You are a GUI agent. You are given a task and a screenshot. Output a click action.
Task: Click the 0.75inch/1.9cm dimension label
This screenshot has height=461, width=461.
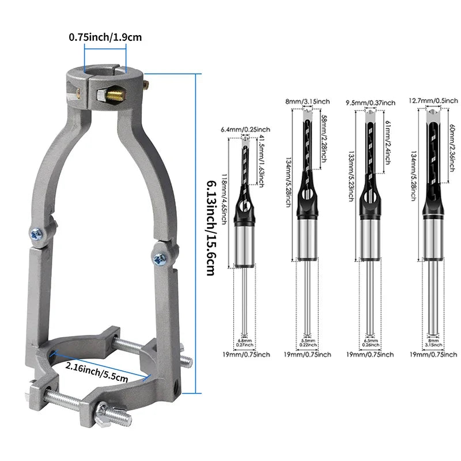[x=105, y=37]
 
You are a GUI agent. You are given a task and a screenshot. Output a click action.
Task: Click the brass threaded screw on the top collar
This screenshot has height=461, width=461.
[x=115, y=93]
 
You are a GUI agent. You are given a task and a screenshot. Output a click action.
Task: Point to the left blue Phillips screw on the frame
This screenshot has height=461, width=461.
[x=36, y=234]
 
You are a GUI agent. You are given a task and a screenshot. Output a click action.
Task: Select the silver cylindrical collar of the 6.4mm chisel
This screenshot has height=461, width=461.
[x=245, y=245]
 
